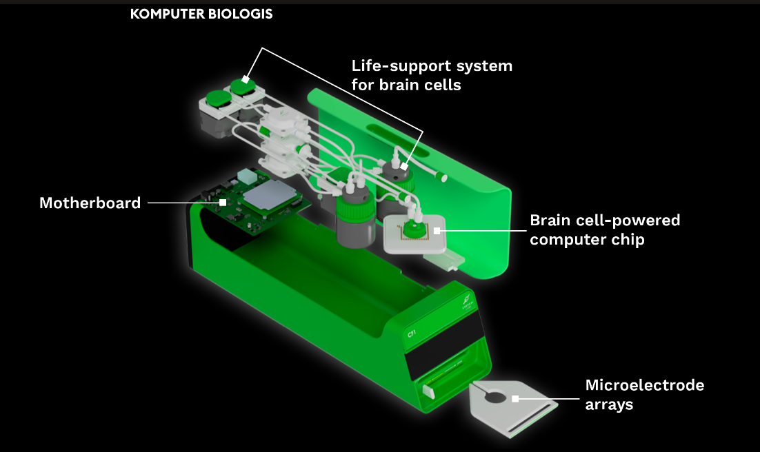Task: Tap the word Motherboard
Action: (90, 203)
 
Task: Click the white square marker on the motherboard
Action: (223, 203)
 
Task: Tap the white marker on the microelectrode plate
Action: (515, 398)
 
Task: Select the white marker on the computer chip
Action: (436, 230)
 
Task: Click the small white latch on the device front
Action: (428, 391)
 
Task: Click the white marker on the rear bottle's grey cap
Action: (404, 165)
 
